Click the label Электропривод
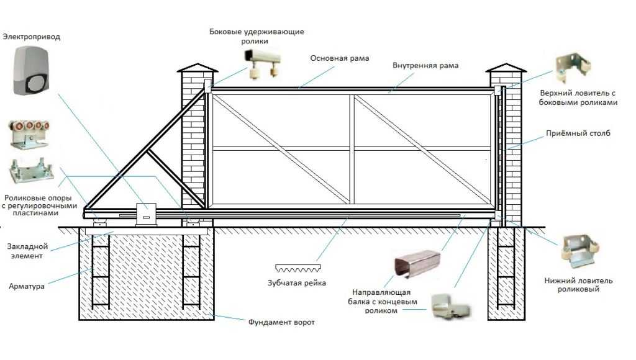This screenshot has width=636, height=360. click(32, 37)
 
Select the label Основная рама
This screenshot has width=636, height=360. click(340, 58)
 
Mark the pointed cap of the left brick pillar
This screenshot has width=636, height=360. click(197, 67)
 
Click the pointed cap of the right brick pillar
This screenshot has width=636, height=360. click(504, 67)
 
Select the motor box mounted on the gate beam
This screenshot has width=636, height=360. click(147, 214)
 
